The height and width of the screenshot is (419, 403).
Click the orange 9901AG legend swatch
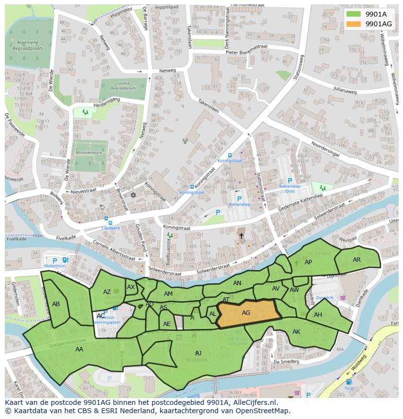click(353, 24)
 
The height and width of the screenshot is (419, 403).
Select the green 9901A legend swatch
click(353, 14)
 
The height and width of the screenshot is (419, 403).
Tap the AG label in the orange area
click(246, 313)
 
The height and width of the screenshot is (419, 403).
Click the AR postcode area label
click(357, 260)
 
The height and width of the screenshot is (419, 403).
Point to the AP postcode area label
click(308, 262)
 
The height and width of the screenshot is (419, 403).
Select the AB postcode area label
click(56, 304)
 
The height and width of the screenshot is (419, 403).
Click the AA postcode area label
click(79, 349)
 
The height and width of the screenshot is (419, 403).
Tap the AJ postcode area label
click(198, 353)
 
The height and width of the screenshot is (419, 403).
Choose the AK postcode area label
click(296, 332)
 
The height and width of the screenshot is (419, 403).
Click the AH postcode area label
click(318, 315)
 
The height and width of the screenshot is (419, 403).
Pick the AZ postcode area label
click(107, 292)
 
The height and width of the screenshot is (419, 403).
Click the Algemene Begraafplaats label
click(28, 46)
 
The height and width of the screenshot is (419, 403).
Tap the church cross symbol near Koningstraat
click(241, 236)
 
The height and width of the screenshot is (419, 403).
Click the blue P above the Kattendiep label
click(239, 199)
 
